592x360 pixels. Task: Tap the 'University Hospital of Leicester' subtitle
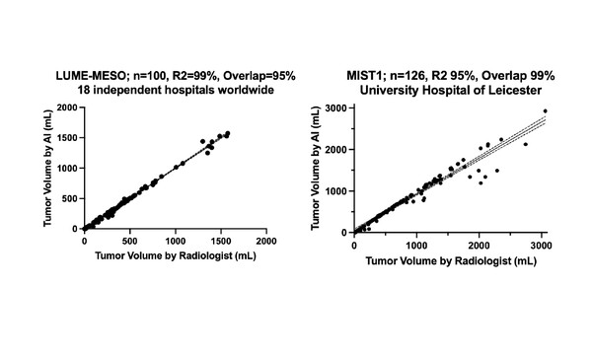(437, 91)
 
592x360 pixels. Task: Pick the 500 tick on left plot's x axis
(130, 240)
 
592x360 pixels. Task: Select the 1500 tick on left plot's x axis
(221, 240)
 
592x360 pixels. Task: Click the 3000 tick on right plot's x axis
(540, 244)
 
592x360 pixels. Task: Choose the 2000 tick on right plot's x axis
(479, 244)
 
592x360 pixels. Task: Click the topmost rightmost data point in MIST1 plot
(545, 111)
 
